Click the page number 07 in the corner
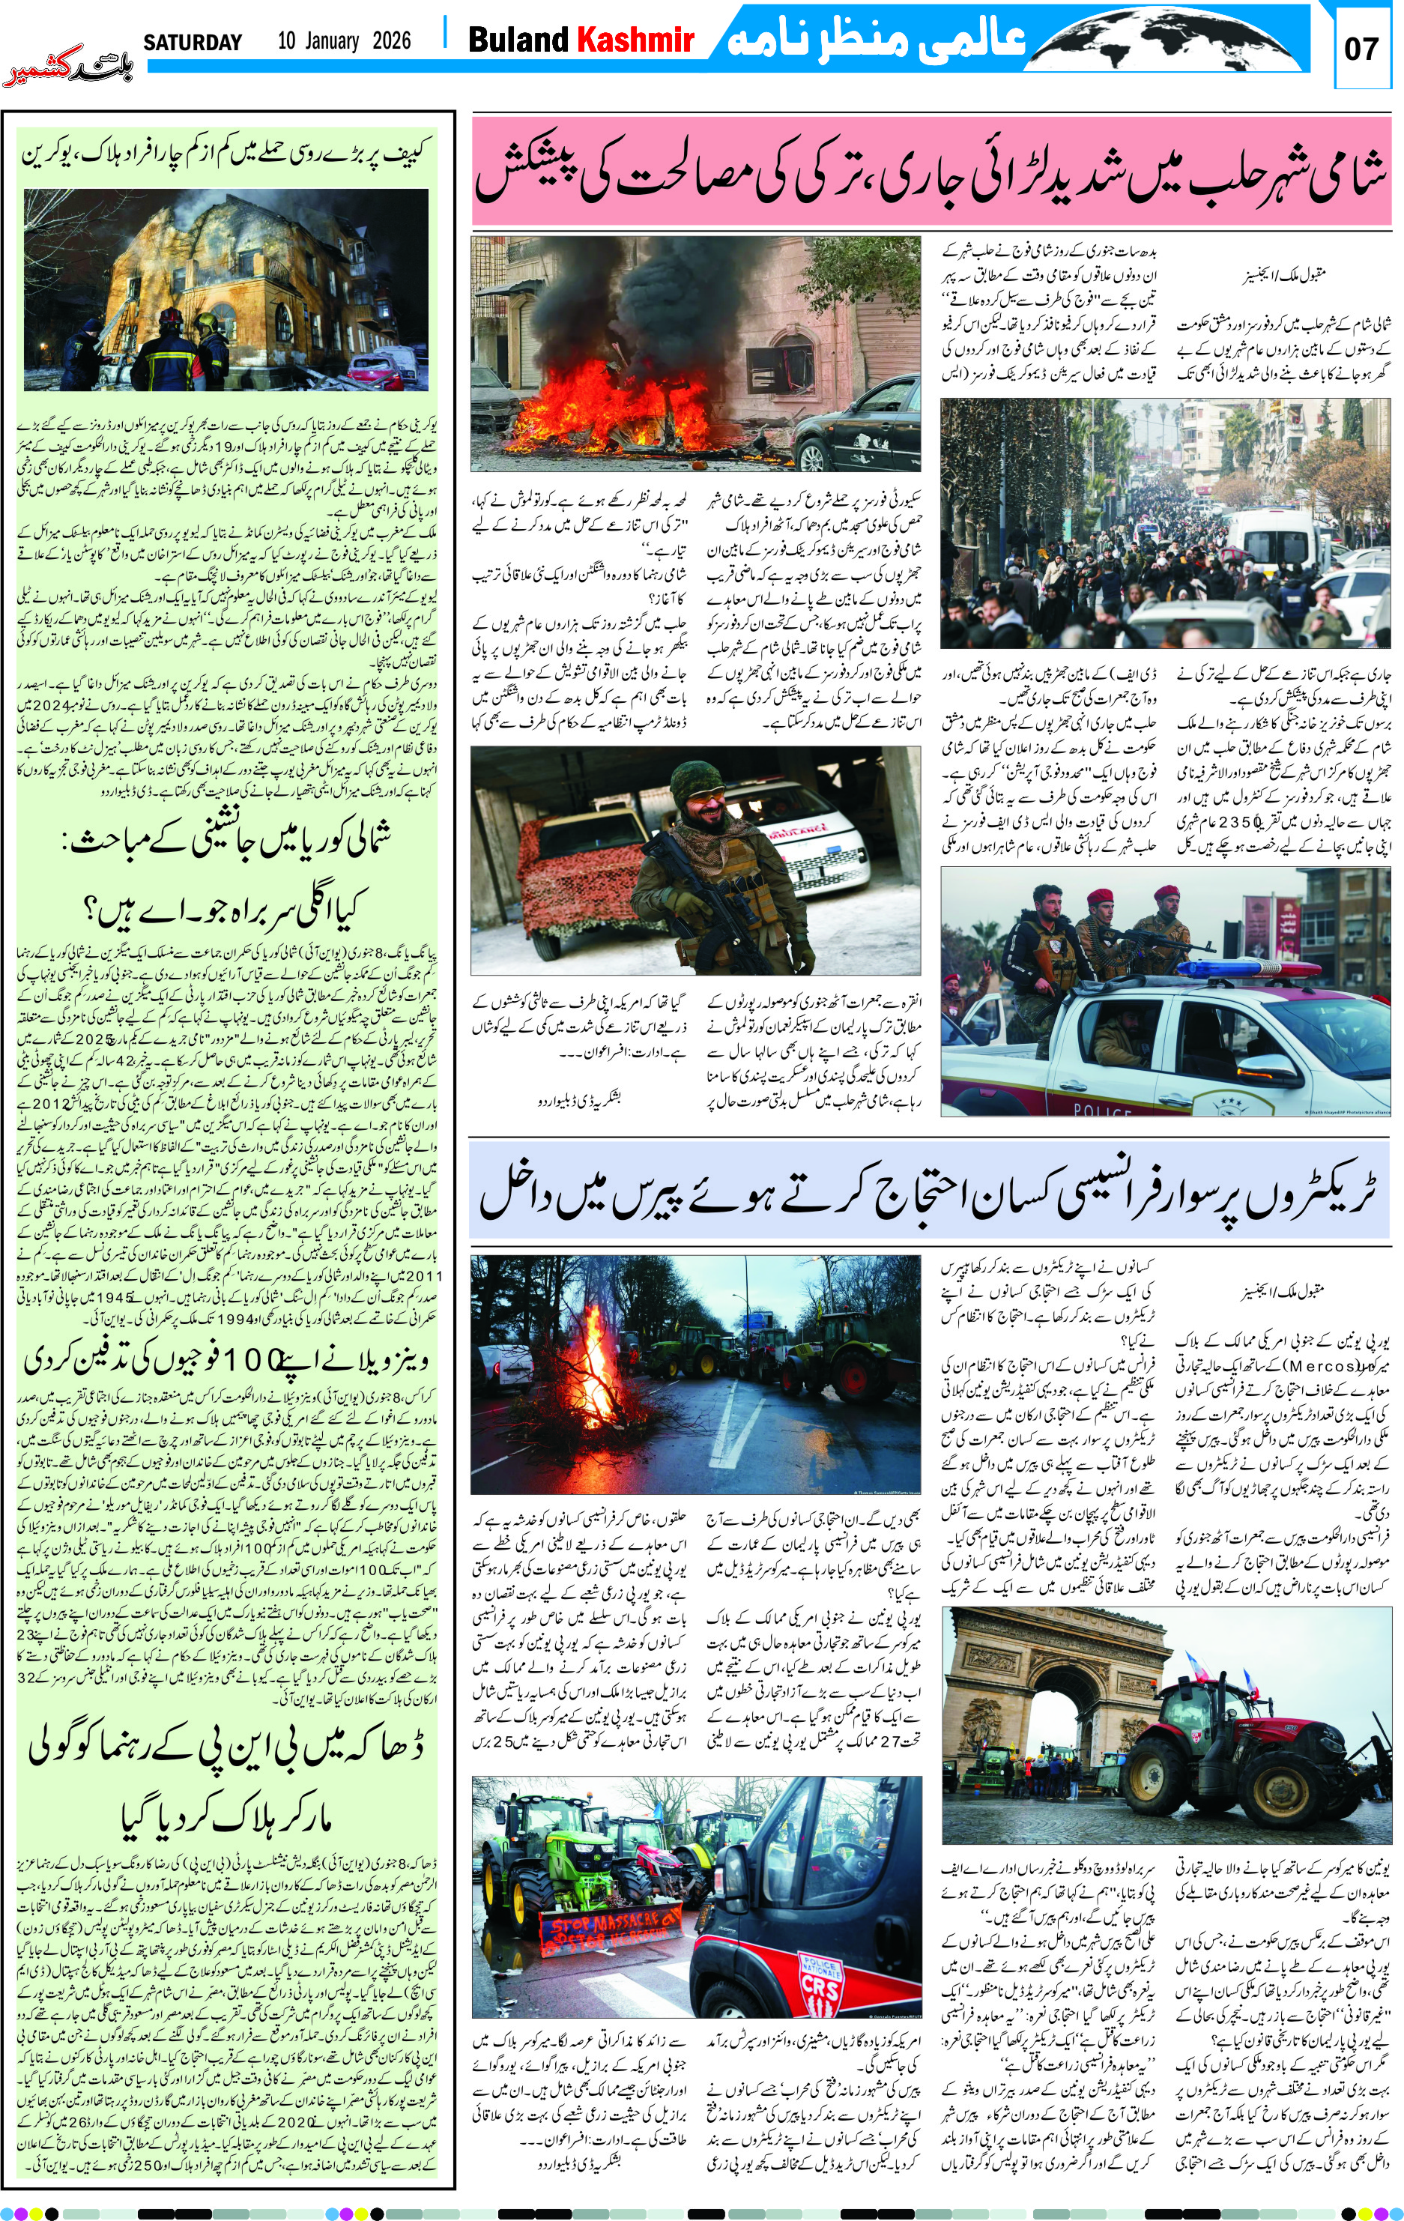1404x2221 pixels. [1361, 49]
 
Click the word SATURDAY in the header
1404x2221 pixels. [192, 43]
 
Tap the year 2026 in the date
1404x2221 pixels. [391, 40]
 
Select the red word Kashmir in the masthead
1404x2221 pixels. [635, 40]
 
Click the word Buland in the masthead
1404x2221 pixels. [518, 40]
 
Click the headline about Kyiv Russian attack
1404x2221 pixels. [227, 153]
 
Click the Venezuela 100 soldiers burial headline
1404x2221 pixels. [227, 1359]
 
